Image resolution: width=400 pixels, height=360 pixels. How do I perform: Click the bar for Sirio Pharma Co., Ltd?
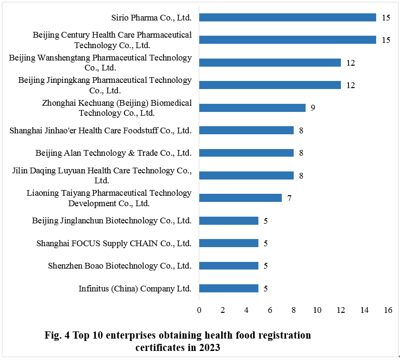(x=287, y=18)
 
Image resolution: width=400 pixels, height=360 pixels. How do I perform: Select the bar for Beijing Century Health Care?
(x=287, y=40)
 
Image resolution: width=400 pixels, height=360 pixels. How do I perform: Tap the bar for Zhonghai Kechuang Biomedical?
(x=252, y=108)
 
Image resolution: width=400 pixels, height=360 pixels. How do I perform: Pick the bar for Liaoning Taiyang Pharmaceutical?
(x=240, y=198)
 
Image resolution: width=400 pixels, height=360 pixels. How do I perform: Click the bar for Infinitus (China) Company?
(x=228, y=288)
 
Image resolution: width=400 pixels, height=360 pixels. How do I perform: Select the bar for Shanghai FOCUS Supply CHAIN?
(x=228, y=243)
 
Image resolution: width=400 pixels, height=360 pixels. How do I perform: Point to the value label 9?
(x=313, y=108)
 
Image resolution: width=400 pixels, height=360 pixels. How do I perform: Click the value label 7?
(x=289, y=198)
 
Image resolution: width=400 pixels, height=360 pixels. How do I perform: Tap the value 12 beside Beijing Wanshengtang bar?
(x=351, y=63)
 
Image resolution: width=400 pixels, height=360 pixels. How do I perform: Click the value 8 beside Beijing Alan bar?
(x=301, y=153)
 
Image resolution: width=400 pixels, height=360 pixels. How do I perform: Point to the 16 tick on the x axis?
(x=388, y=310)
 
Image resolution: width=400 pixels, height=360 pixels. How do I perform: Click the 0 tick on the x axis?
(x=199, y=310)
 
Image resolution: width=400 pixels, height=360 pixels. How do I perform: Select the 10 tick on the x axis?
(x=317, y=310)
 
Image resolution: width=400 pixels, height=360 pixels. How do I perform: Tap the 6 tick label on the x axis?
(x=270, y=310)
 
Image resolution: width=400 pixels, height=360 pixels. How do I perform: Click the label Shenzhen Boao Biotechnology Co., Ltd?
(x=120, y=266)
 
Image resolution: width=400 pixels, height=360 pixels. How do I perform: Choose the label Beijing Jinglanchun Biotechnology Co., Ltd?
(x=112, y=220)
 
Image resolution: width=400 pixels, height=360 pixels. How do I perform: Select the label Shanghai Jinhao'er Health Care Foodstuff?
(x=101, y=130)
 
